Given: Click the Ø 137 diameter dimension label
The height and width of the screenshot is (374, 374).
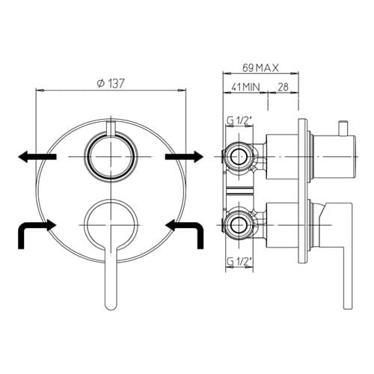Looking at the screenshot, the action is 111,84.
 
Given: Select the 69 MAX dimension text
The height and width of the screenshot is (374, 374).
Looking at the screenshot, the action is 260,68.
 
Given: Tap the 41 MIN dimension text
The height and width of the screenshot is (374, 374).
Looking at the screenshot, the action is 245,87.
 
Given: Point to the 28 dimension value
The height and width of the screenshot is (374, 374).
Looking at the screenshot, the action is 283,87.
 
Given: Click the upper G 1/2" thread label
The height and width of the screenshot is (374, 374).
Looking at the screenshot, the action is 239,121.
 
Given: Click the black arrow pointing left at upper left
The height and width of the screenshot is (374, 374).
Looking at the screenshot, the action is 37,156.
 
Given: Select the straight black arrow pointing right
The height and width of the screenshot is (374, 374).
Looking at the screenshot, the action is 184,156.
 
